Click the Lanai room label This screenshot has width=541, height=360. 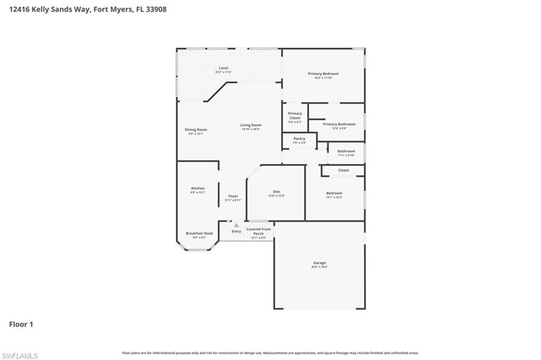(x=223, y=68)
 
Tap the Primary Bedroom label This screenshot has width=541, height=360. (x=323, y=73)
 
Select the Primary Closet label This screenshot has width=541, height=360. (x=295, y=115)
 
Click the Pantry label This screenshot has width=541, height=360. (x=300, y=139)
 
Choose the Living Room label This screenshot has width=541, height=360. (x=251, y=125)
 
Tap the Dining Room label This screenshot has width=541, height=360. (x=195, y=130)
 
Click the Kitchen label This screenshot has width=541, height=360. (x=198, y=188)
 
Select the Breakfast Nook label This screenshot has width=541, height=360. (x=199, y=233)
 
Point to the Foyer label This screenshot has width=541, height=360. (x=233, y=196)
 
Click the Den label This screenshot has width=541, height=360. (x=276, y=191)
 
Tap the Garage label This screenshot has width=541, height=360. (x=319, y=263)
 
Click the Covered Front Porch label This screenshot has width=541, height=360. (x=258, y=231)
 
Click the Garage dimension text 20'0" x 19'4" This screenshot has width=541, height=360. (x=319, y=267)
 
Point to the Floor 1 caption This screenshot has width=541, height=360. (x=21, y=324)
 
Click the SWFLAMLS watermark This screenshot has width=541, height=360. (x=20, y=356)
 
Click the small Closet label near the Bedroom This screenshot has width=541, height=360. (x=343, y=170)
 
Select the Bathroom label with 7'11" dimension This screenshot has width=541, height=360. (x=346, y=151)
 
